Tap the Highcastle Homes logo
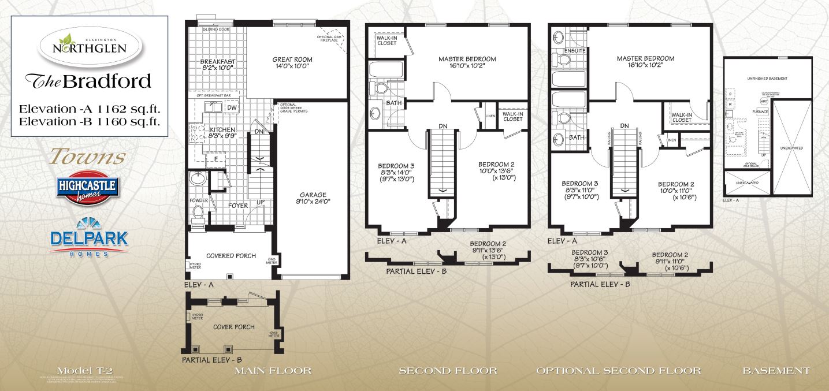(88, 188)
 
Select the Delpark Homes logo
(89, 238)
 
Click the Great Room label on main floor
(292, 62)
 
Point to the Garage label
(313, 198)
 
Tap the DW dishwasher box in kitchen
(231, 107)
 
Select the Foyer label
(237, 205)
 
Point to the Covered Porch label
(231, 256)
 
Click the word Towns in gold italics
(88, 156)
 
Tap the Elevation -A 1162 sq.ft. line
(89, 108)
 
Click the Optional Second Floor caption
(618, 370)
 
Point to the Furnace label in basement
(759, 111)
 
